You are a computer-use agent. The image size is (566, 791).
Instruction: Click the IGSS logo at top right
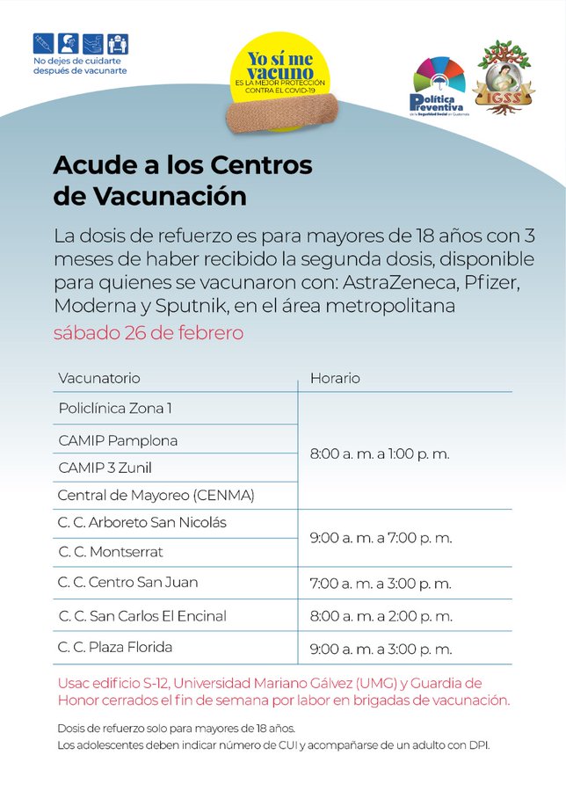point(504,77)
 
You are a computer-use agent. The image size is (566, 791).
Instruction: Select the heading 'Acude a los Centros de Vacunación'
point(183,180)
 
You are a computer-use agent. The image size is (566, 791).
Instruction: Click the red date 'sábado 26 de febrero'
point(149,334)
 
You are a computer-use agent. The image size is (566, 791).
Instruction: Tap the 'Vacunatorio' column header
point(99,378)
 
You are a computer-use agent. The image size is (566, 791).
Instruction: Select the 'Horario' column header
point(335,378)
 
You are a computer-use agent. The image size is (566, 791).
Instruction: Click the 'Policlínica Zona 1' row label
point(115,409)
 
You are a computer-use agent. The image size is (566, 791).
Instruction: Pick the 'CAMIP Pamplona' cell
point(118,439)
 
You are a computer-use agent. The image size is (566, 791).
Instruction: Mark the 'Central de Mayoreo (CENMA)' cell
point(156,496)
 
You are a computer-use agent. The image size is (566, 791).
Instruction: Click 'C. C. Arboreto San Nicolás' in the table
point(142,523)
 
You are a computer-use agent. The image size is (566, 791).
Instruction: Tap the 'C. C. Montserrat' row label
point(111,552)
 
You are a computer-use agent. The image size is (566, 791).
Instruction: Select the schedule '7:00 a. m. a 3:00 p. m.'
point(381,583)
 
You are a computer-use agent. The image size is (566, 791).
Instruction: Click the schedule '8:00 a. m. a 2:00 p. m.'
point(381,616)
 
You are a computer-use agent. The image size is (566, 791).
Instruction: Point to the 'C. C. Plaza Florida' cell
point(115,648)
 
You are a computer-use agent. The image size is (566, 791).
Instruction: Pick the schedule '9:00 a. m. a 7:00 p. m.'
point(381,537)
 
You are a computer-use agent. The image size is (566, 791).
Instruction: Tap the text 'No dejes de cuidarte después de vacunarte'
point(80,65)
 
